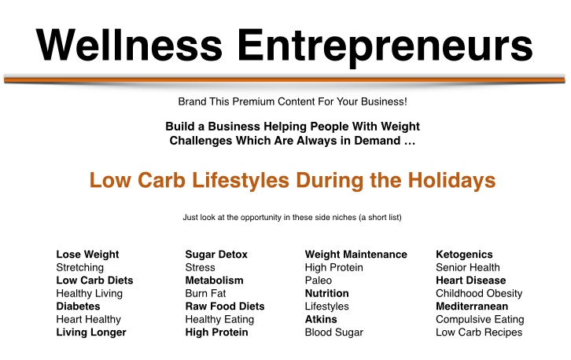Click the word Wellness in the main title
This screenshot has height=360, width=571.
[x=129, y=44]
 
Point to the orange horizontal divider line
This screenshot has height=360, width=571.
[x=285, y=79]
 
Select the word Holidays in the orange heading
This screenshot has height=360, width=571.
[x=451, y=181]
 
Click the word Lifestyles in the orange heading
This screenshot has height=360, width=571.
[x=241, y=181]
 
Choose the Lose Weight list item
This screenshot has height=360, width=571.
[x=87, y=254]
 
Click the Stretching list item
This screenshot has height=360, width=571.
[x=79, y=267]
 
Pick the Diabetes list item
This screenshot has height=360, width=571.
[x=78, y=306]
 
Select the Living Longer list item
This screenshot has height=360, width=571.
[x=91, y=332]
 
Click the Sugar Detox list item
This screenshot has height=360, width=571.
[x=216, y=255]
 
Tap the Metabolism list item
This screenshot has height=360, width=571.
[x=214, y=281]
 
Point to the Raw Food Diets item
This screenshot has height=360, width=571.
[x=225, y=306]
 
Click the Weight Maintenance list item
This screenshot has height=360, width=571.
[x=355, y=255]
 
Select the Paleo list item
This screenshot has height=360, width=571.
[x=319, y=281]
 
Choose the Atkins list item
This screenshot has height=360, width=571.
[x=321, y=319]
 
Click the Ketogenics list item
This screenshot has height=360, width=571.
[x=464, y=255]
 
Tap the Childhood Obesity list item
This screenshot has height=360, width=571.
[x=479, y=293]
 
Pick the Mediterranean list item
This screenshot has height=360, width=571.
[x=472, y=306]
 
